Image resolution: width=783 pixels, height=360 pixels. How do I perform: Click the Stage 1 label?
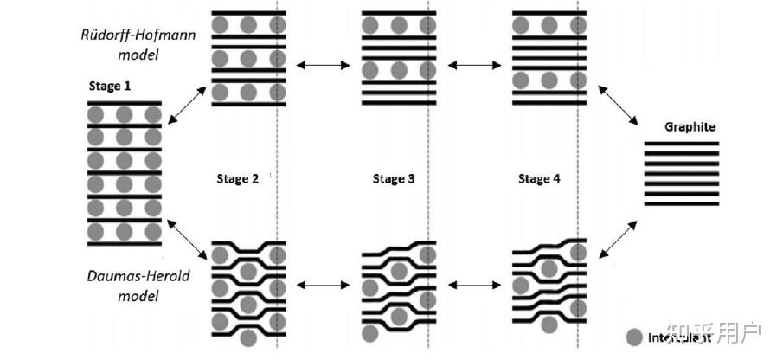point(111,87)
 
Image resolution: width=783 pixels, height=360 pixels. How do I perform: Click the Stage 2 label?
point(237,179)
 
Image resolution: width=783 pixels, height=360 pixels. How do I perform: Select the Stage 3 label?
point(394,179)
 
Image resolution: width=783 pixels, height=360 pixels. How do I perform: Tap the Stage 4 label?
point(539,179)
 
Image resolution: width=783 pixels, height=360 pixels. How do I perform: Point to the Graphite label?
point(690,127)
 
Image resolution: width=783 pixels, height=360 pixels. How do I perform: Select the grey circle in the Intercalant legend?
point(634,338)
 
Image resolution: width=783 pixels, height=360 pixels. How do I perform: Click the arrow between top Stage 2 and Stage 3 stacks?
point(320,65)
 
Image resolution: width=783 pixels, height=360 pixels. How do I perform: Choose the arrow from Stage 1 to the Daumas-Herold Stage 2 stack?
point(187,238)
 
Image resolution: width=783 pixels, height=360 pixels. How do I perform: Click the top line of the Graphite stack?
point(682,143)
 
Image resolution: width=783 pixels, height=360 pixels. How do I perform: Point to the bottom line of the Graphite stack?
point(682,204)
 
